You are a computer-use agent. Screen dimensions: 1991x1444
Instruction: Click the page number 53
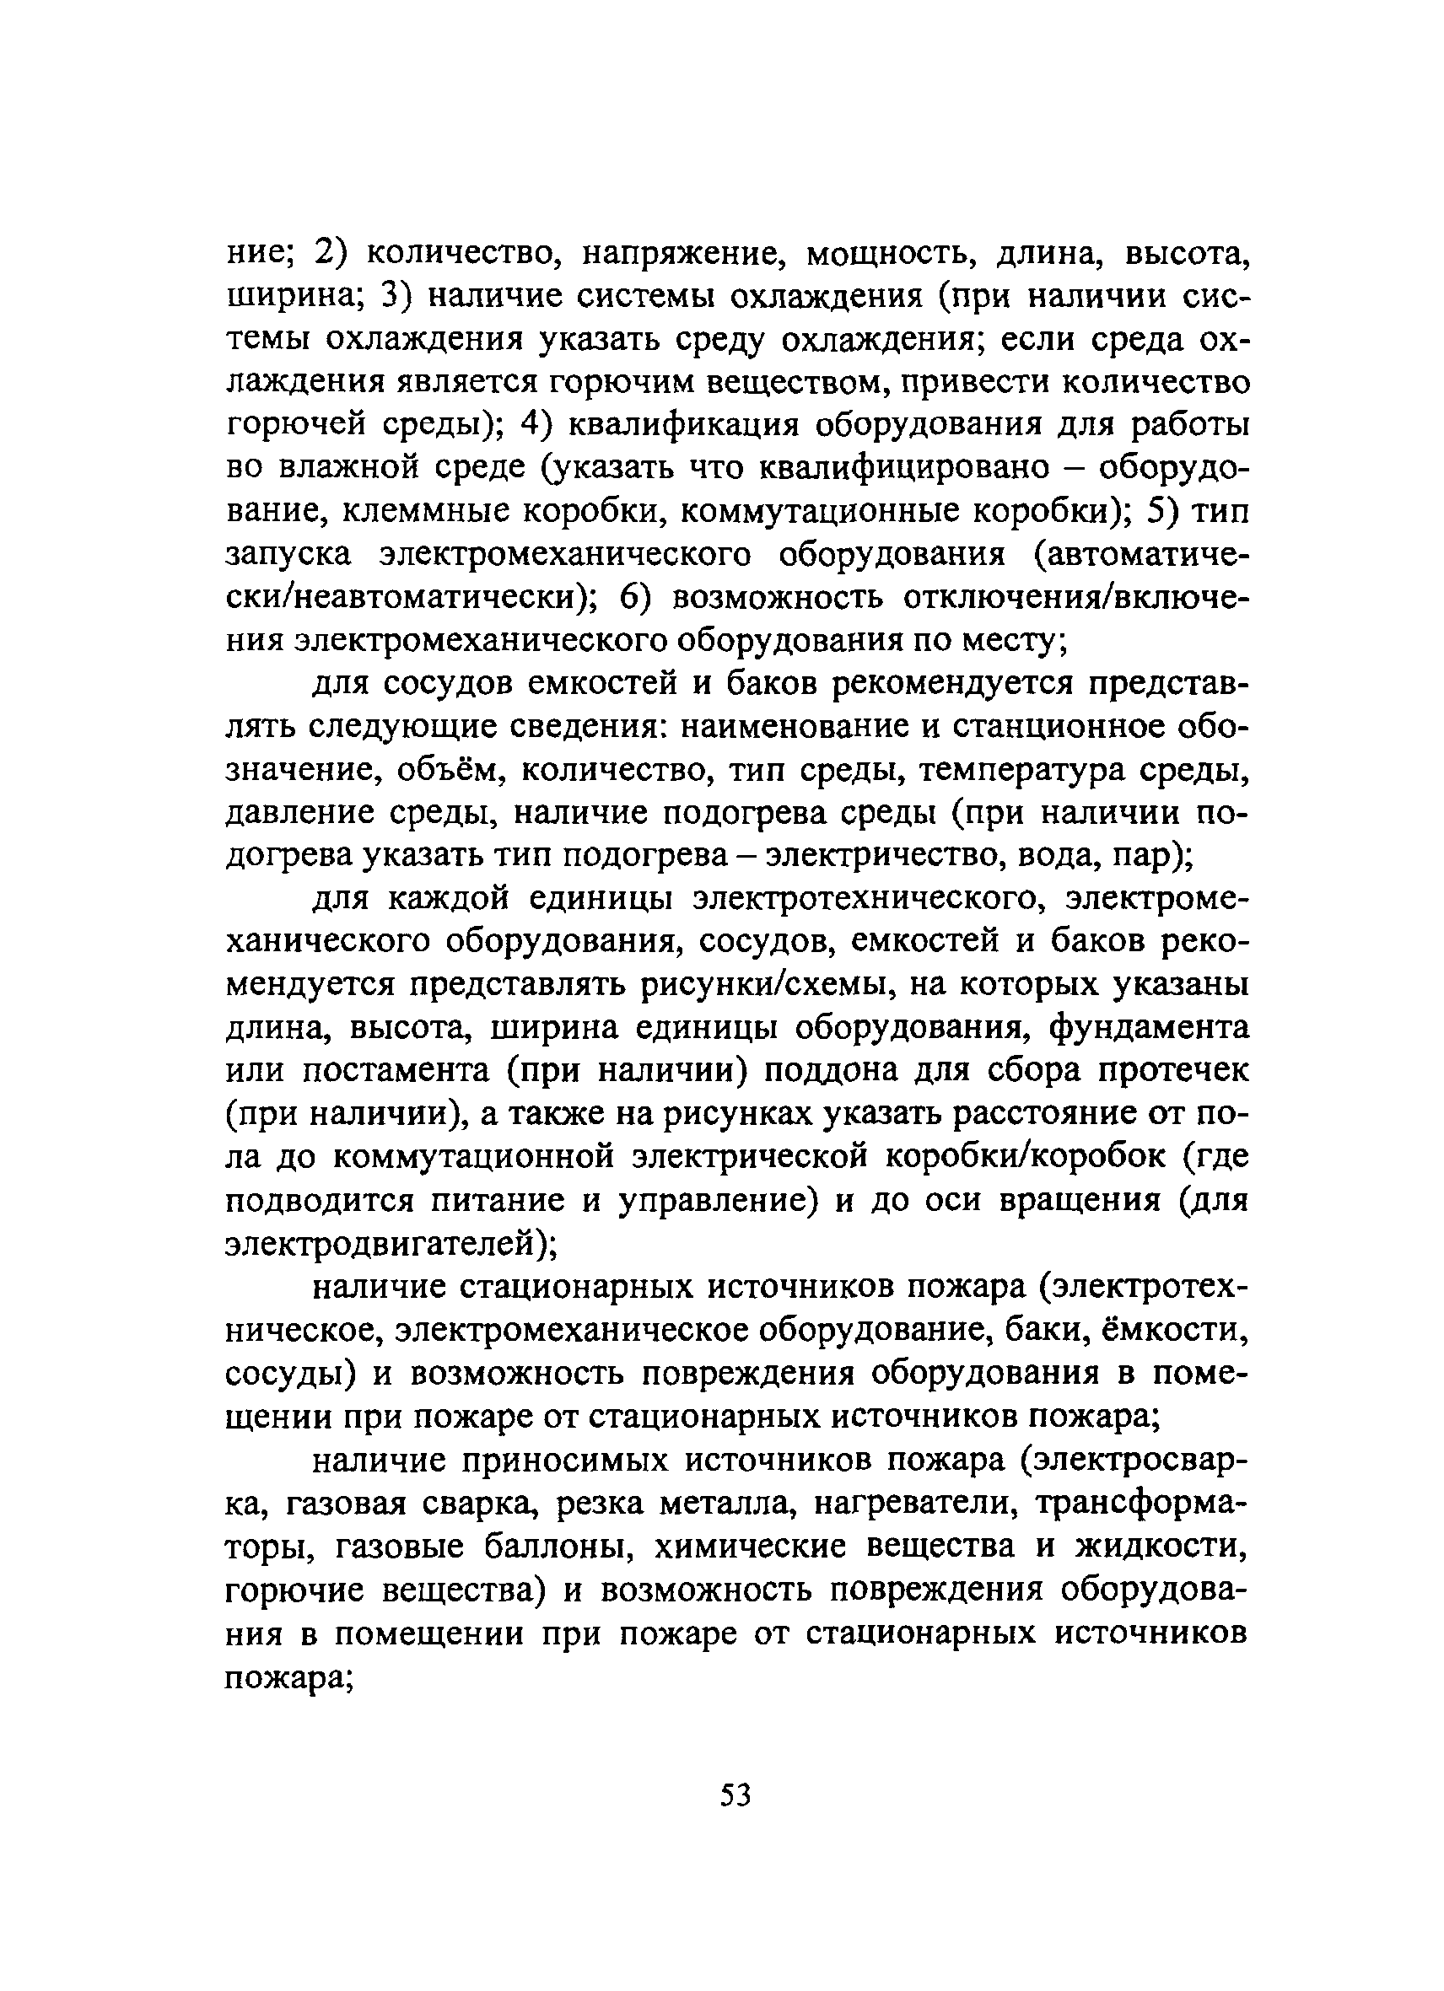coord(735,1795)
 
